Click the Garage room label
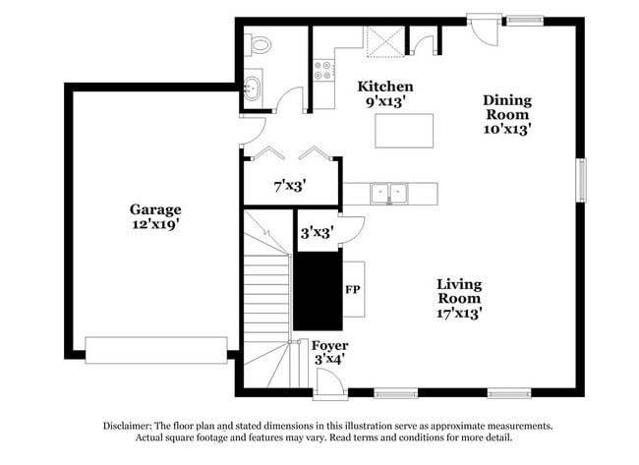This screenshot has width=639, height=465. click(x=155, y=209)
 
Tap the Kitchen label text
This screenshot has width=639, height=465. click(x=384, y=87)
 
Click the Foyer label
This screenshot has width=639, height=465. click(x=329, y=346)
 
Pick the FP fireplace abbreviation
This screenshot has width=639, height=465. click(x=352, y=290)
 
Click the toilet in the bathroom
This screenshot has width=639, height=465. click(x=260, y=44)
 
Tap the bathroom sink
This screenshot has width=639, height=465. click(x=253, y=87)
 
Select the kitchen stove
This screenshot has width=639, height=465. click(x=323, y=69)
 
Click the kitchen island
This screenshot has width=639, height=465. click(x=404, y=130)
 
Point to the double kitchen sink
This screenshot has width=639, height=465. click(x=390, y=193)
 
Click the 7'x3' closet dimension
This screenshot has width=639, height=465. click(x=290, y=185)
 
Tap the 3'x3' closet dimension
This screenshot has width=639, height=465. click(x=316, y=233)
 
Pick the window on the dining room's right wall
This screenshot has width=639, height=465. click(x=581, y=179)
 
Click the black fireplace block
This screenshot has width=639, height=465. click(x=317, y=290)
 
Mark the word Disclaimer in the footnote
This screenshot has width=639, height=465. click(x=130, y=426)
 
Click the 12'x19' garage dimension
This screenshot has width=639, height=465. click(x=155, y=224)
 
